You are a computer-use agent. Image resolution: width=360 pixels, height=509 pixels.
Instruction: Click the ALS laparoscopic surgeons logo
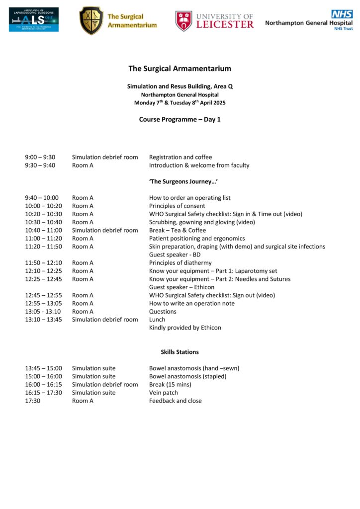[x=33, y=19]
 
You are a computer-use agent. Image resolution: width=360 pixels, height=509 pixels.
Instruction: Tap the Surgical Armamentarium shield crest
[x=91, y=20]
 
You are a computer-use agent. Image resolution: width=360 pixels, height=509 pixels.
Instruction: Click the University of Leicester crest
[x=183, y=21]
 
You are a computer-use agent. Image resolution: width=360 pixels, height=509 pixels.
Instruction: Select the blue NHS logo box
[x=342, y=14]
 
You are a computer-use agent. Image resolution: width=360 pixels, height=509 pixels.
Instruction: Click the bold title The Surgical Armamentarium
[x=180, y=69]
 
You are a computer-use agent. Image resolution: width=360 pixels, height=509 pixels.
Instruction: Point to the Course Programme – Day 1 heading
[x=180, y=119]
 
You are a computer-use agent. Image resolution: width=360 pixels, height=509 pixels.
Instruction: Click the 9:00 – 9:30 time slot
[x=40, y=157]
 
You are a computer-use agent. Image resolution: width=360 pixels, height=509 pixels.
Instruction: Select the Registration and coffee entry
[x=180, y=157]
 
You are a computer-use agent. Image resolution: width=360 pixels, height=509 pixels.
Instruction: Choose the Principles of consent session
[x=177, y=206]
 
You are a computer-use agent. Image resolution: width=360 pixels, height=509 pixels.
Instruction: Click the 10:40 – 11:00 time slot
[x=44, y=230]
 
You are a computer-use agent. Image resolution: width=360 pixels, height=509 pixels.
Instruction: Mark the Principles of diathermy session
[x=180, y=262]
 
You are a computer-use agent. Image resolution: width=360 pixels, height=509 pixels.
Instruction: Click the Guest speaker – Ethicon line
[x=182, y=287]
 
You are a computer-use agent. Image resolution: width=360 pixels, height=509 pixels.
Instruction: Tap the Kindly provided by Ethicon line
[x=185, y=328]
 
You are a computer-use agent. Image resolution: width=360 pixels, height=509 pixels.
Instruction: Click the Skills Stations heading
[x=180, y=352]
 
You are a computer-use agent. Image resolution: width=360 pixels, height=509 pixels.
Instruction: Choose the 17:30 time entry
[x=33, y=401]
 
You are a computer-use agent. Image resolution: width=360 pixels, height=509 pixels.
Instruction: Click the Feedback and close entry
[x=176, y=401]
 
